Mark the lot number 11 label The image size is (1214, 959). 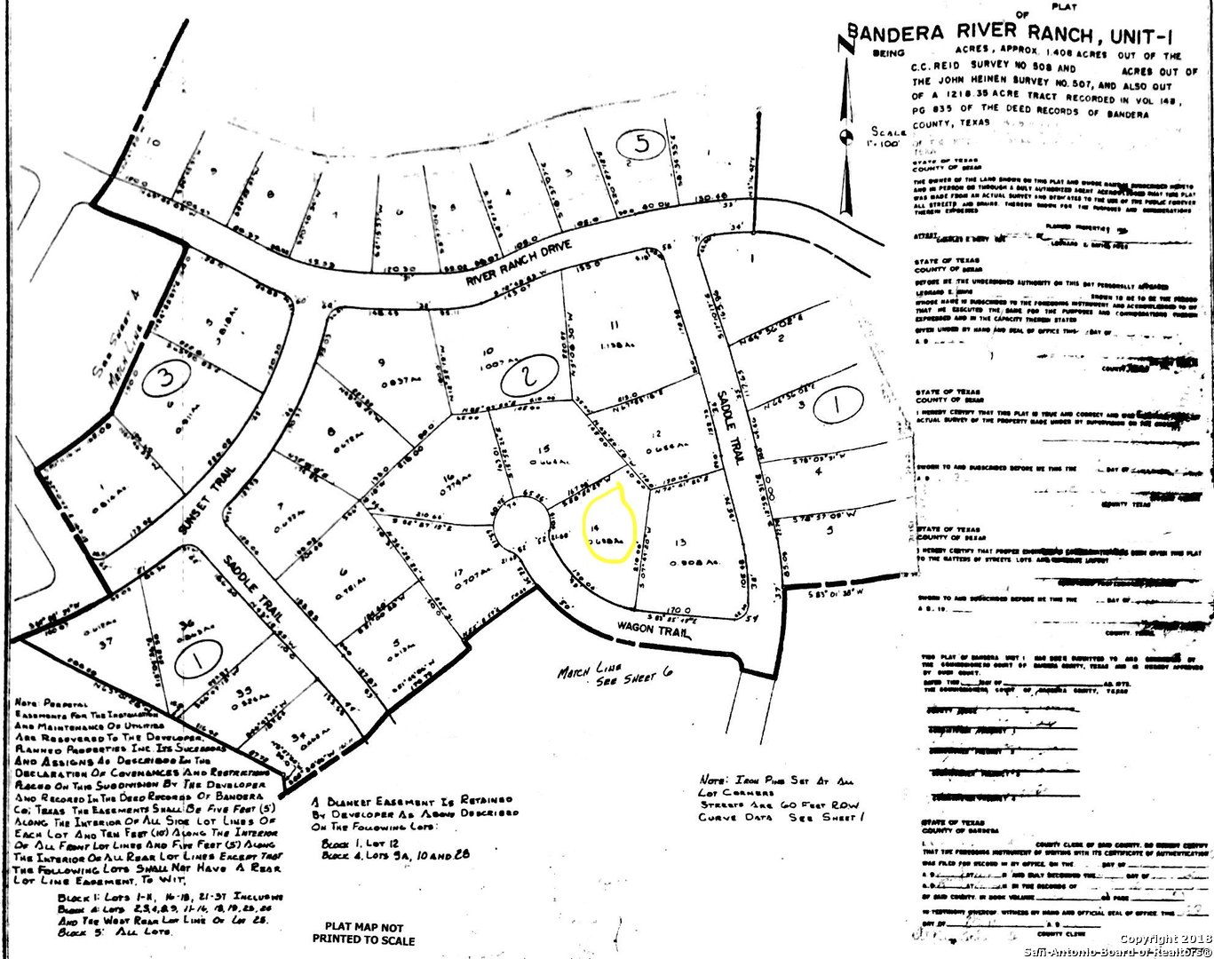click(613, 325)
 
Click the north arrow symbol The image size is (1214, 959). click(846, 124)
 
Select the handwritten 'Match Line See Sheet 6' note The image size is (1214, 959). click(615, 669)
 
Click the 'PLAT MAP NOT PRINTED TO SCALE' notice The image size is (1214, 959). click(362, 932)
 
